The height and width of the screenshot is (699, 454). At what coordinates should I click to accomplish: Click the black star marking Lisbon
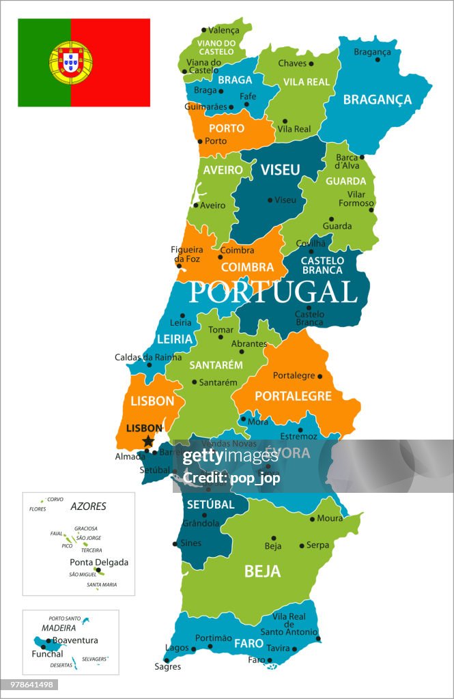point(147,442)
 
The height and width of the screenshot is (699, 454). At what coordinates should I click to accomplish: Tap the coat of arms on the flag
point(70,62)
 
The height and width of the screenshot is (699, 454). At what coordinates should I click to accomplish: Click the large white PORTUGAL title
point(273,291)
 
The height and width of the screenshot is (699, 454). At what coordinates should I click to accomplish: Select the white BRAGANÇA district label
point(377,100)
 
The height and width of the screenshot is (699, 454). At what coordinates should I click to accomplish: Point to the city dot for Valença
point(203,29)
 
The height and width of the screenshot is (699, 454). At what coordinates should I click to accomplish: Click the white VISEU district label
point(280,170)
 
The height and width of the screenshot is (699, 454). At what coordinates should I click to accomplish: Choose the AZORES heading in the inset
point(88,507)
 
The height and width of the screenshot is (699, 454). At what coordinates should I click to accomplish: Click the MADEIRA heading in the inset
point(58,628)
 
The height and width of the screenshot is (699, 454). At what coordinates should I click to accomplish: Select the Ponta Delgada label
point(99,562)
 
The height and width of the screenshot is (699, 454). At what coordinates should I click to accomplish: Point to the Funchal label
point(47,653)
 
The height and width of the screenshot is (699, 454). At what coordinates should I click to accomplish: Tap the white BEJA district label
point(262,571)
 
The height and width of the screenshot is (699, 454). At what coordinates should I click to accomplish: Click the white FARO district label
point(249,643)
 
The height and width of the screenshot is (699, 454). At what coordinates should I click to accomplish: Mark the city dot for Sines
point(175,544)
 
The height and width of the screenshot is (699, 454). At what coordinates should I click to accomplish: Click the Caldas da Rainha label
point(148,357)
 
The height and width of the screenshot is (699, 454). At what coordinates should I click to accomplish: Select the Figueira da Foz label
point(186,254)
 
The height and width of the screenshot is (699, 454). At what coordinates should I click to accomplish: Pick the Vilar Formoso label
point(356,199)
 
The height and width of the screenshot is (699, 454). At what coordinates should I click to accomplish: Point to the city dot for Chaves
point(311,63)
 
